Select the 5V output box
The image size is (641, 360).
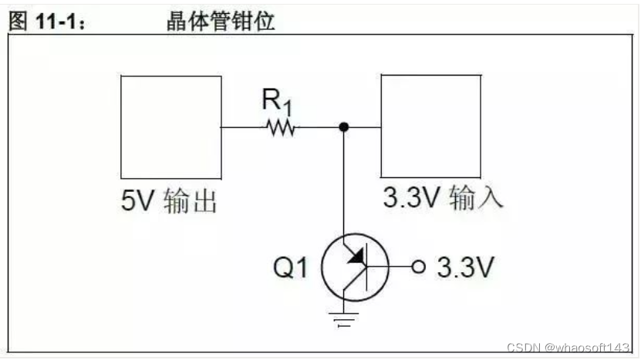coord(170,126)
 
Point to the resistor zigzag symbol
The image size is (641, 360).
coord(280,127)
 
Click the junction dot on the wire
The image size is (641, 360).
coord(344,127)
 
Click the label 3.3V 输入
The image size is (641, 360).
coord(444,198)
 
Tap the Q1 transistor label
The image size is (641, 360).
coord(292,267)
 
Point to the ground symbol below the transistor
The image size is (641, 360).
coord(344,318)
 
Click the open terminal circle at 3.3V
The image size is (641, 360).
coord(419,267)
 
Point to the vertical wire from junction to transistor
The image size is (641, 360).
coord(344,185)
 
